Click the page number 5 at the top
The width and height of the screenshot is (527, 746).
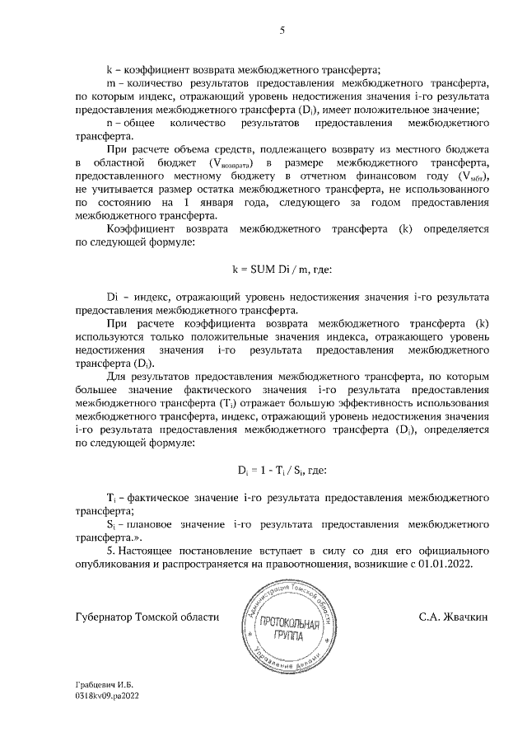[x=282, y=32]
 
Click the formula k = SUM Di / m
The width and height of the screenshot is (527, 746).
[x=282, y=269]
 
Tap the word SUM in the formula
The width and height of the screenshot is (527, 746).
[x=261, y=269]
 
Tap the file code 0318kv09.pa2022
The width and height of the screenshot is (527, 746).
[x=107, y=720]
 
